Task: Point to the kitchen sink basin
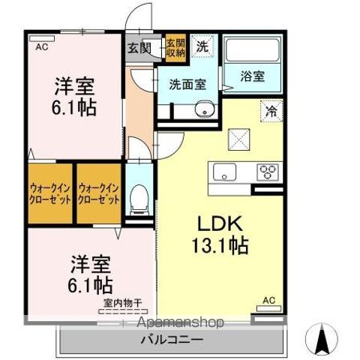pyautogui.click(x=226, y=172)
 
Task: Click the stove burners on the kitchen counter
pyautogui.click(x=268, y=172)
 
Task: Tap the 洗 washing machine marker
pyautogui.click(x=202, y=45)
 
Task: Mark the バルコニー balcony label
pyautogui.click(x=171, y=339)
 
